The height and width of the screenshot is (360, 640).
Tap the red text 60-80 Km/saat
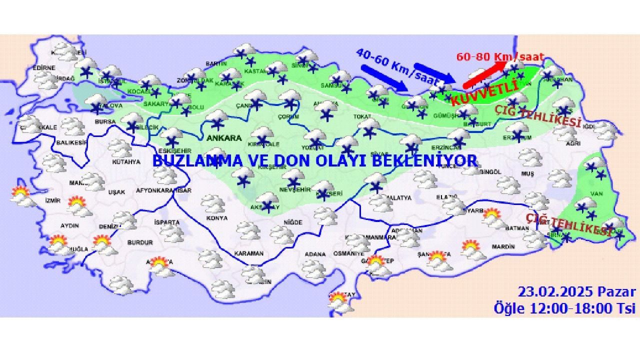click(x=500, y=57)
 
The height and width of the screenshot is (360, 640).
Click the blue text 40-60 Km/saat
click(x=398, y=66)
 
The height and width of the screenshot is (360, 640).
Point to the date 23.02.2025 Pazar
click(x=576, y=292)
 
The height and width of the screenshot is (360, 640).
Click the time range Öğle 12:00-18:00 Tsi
click(x=564, y=308)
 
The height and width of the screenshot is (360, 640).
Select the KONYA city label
click(x=216, y=218)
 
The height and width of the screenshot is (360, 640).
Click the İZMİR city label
click(x=52, y=200)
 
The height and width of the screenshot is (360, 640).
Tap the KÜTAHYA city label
click(x=126, y=162)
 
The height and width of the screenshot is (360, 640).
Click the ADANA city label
click(x=315, y=254)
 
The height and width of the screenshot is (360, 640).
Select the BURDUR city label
click(x=140, y=242)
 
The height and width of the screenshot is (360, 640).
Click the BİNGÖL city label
click(x=490, y=172)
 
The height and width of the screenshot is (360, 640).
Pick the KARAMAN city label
click(x=248, y=253)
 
